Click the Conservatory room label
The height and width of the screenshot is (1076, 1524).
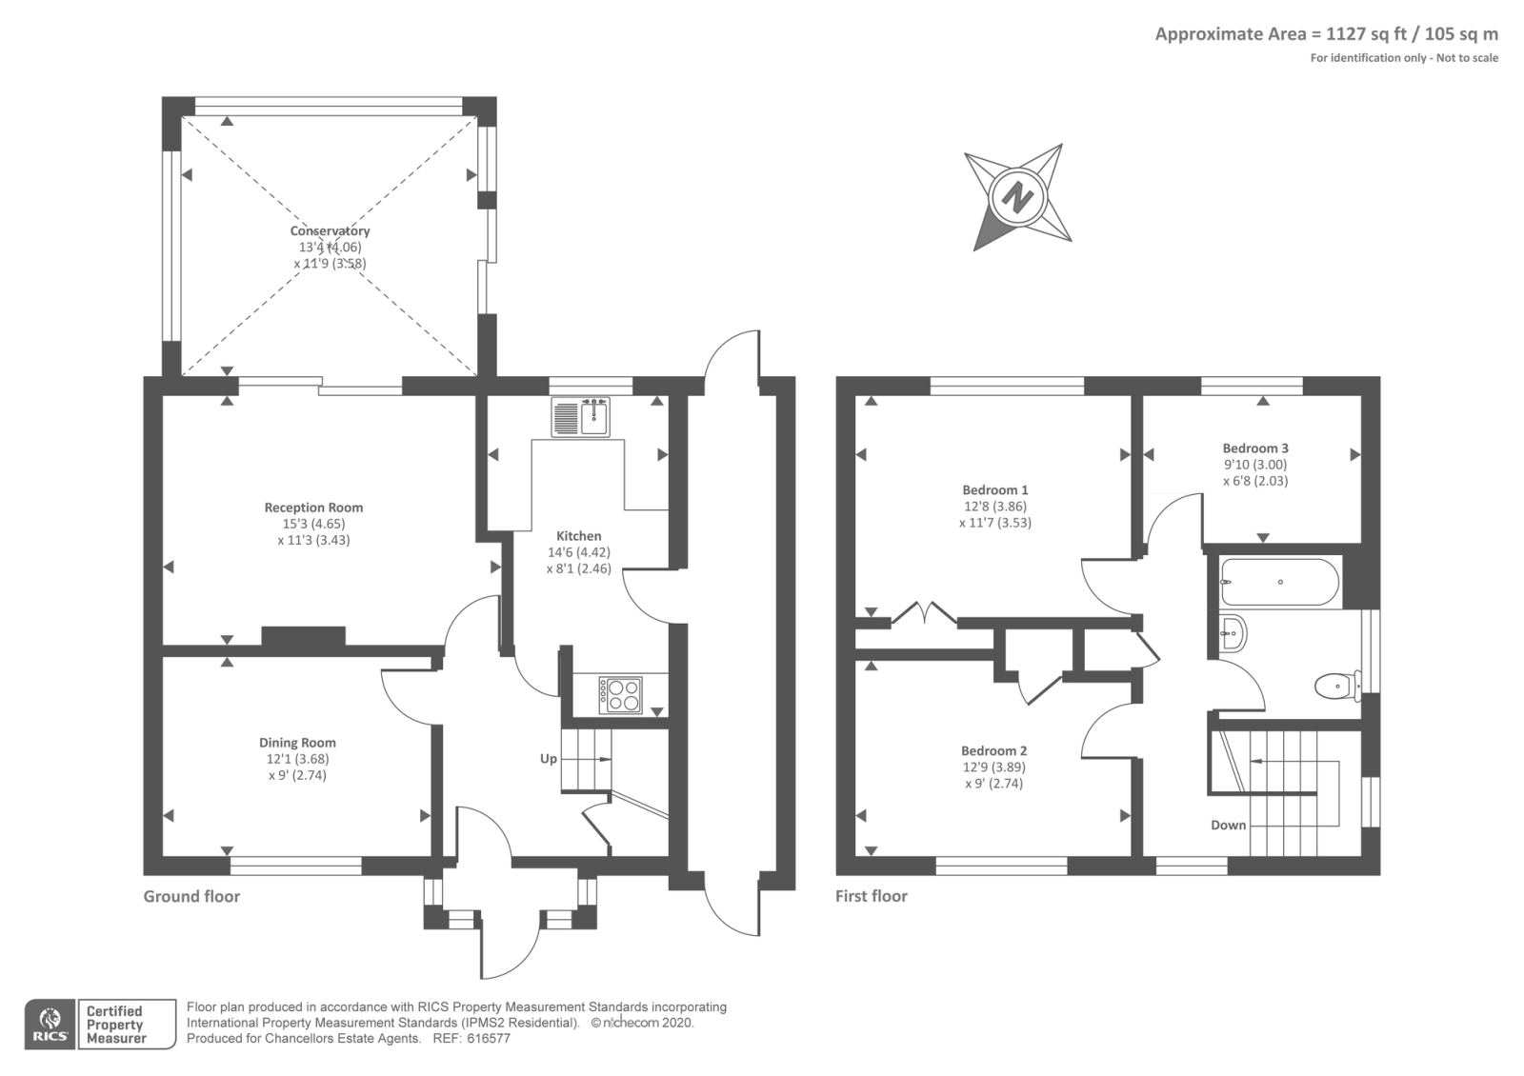click(330, 230)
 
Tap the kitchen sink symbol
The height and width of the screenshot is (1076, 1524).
click(580, 417)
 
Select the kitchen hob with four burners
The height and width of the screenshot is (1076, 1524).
click(620, 694)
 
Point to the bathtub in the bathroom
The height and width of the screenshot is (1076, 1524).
click(1280, 582)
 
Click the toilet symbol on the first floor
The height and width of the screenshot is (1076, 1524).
click(1338, 687)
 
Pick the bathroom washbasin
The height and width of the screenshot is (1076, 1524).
click(1233, 633)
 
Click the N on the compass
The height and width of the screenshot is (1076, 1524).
click(1018, 197)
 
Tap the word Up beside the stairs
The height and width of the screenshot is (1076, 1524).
click(549, 758)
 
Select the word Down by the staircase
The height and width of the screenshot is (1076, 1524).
click(1228, 825)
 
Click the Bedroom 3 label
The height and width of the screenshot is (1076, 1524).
click(1255, 448)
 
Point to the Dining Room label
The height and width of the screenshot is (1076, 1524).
click(297, 743)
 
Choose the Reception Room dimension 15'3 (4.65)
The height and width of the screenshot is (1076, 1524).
click(313, 524)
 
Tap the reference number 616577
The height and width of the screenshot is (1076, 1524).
click(489, 1039)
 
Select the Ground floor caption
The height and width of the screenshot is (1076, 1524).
click(191, 896)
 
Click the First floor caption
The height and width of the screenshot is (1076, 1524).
click(871, 896)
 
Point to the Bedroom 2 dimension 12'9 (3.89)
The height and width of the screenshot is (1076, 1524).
click(994, 767)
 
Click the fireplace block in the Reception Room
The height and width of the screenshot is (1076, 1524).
click(304, 636)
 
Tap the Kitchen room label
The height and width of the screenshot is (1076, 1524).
click(579, 536)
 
